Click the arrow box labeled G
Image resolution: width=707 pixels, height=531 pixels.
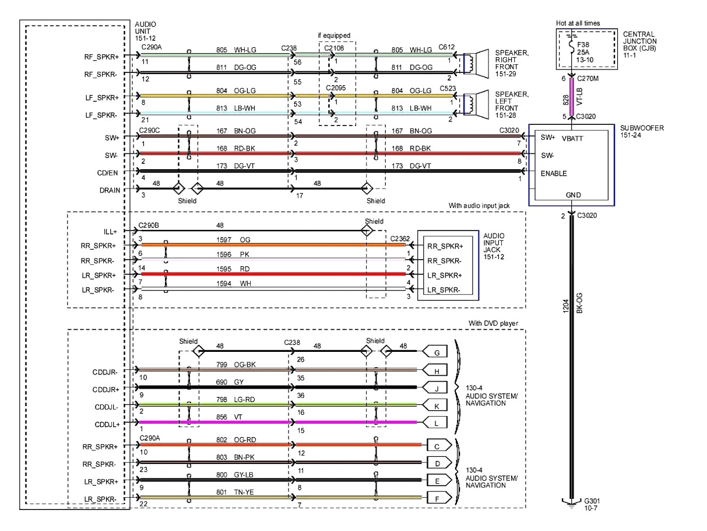437,352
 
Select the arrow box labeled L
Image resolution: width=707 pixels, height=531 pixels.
437,421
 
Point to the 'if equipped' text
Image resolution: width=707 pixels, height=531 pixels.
334,36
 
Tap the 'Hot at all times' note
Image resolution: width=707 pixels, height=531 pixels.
578,23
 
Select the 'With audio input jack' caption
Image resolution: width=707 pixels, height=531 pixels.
486,205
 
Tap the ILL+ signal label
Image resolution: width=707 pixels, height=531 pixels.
111,231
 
